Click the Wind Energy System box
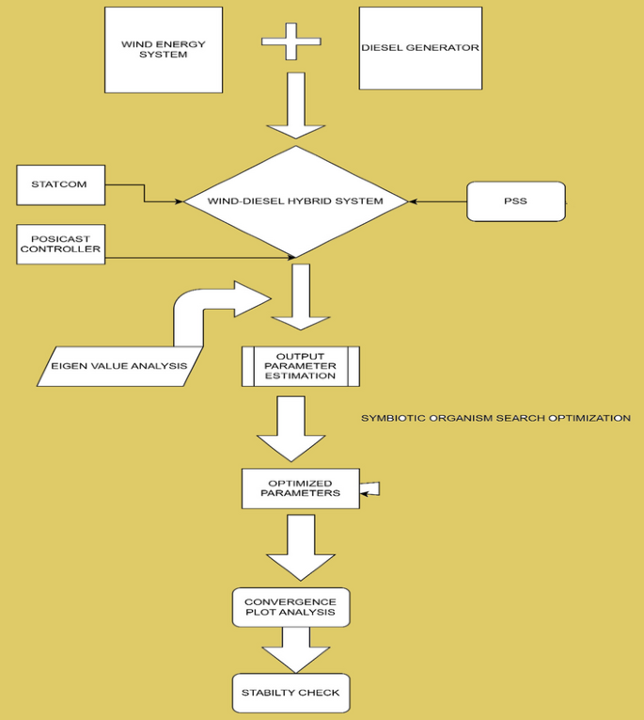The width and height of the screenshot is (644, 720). pos(163,50)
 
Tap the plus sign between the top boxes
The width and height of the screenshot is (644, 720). pos(291,42)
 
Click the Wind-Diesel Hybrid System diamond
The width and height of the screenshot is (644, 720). pos(296,201)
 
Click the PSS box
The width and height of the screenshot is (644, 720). pos(516,201)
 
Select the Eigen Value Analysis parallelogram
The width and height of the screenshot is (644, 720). pos(118,366)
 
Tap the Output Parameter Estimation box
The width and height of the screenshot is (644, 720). pos(300,366)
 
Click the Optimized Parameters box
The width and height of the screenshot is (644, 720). pos(300,488)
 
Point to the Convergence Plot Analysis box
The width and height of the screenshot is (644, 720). pos(291,607)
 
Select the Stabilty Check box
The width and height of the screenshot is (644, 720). pos(291,693)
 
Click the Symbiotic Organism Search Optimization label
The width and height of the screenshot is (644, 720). pos(495,418)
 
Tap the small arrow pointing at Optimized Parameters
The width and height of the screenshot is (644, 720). pos(370,488)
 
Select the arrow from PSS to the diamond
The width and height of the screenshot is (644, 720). pos(438,201)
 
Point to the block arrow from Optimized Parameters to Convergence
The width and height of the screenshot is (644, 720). pos(301,546)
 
